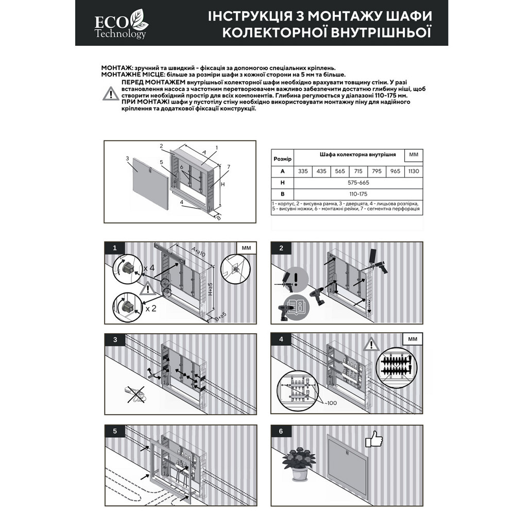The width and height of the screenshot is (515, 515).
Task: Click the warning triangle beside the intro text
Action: (111, 94)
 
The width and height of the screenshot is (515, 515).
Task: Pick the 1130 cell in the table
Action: (414, 171)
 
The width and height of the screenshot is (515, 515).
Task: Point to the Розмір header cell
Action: (282, 159)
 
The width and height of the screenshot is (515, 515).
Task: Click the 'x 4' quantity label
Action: (149, 268)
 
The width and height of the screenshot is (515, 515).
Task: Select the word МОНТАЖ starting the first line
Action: (116, 68)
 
